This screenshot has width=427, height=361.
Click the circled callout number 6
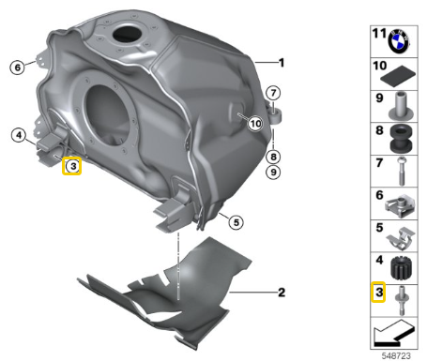point(18,68)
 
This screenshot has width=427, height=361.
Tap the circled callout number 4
point(19,135)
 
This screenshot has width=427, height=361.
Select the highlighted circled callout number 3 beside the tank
point(72,166)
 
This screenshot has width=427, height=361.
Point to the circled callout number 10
point(255,124)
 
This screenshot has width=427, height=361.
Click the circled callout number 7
point(273,93)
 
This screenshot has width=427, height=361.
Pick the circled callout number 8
point(273,157)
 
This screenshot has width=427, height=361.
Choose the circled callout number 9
point(273,172)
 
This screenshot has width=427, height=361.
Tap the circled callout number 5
point(236,222)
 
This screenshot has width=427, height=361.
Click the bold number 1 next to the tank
point(282,63)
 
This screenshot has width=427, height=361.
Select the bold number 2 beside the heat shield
point(282,293)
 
